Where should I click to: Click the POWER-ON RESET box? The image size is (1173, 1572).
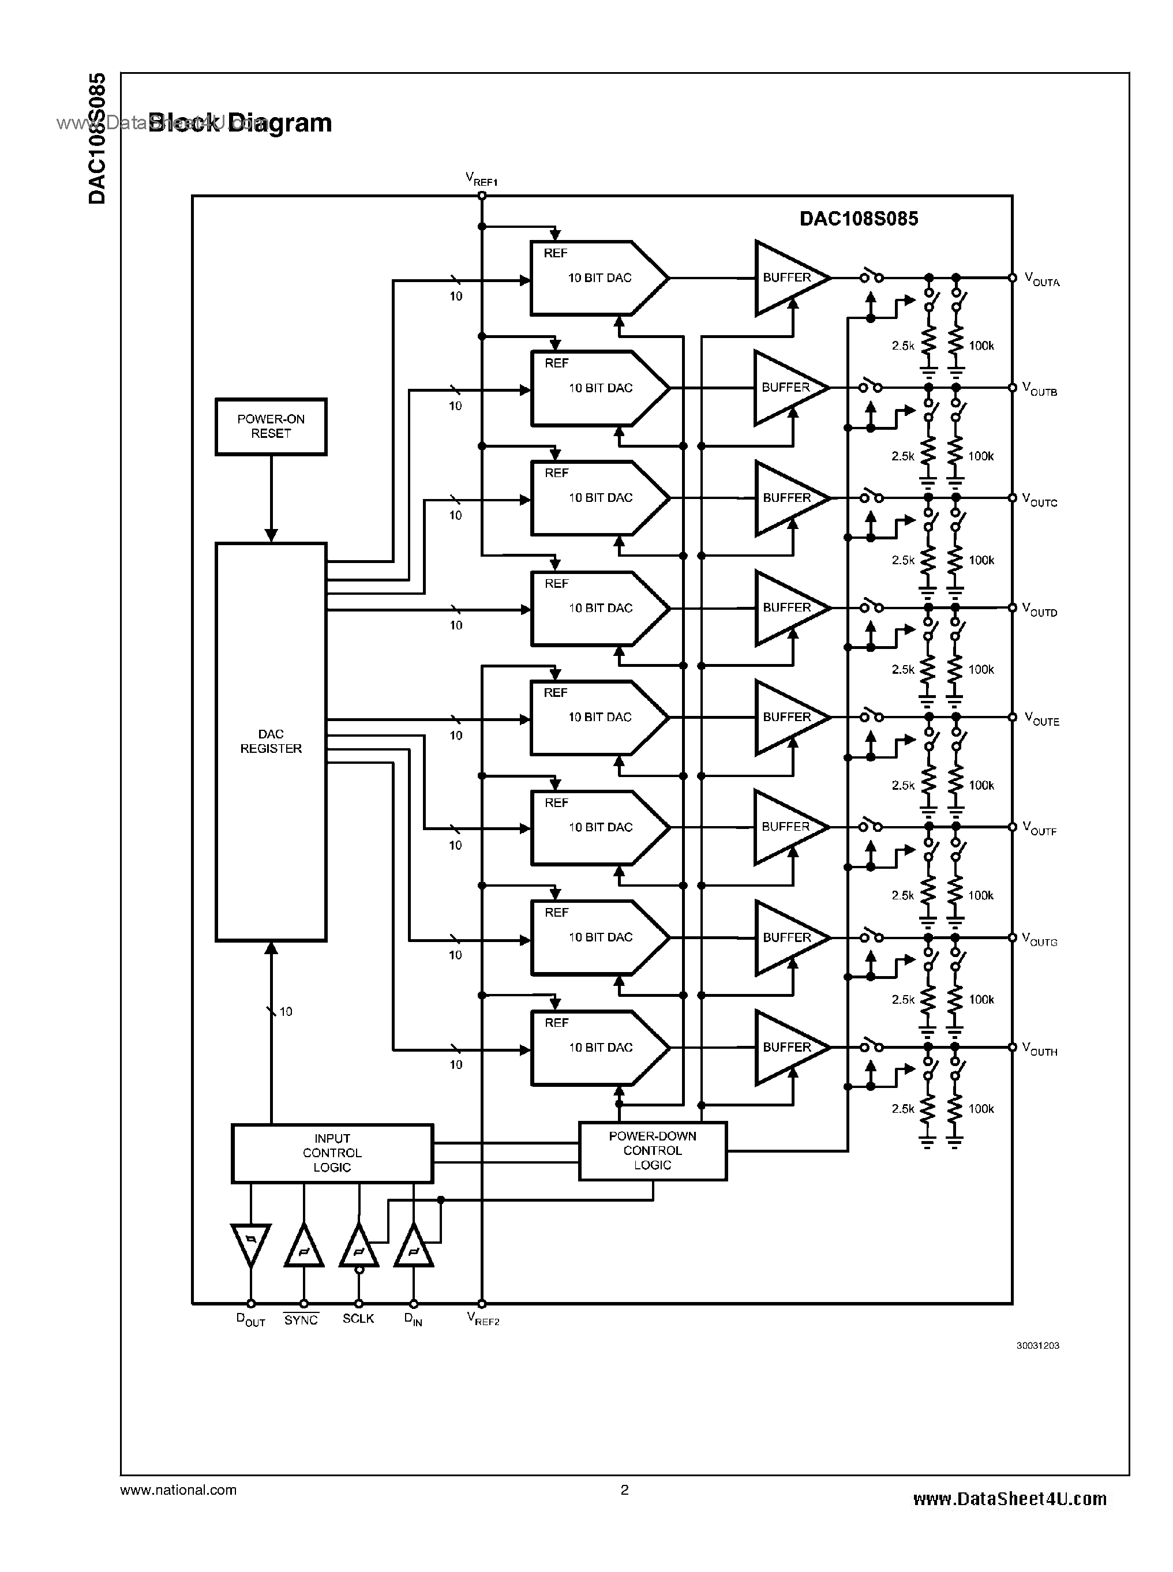271,426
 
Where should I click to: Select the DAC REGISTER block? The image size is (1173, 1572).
271,741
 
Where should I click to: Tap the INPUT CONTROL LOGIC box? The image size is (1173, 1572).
332,1153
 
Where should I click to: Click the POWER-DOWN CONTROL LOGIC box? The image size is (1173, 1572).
652,1150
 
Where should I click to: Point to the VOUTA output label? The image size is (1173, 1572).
1041,280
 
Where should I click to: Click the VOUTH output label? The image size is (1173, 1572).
1040,1049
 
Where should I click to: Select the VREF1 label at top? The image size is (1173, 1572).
481,179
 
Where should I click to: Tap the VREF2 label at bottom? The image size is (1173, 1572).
483,1319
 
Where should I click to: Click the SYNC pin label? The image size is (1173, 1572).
301,1319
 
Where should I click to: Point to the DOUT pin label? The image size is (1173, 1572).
250,1319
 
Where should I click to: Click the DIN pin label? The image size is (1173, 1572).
413,1319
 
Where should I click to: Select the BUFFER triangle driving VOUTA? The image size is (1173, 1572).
788,277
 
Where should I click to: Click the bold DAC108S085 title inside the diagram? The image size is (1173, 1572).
858,219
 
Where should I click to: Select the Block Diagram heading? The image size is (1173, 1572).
240,123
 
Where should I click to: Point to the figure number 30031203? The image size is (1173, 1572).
1037,1345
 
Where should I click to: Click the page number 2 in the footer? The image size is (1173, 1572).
624,1490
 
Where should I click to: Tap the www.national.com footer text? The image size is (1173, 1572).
178,1490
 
